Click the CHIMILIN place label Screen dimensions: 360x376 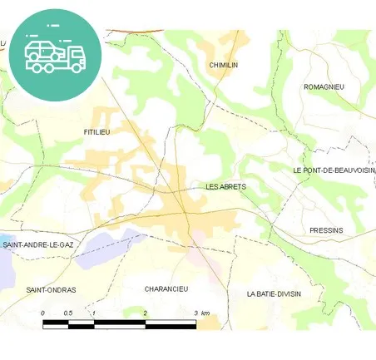click(x=224, y=64)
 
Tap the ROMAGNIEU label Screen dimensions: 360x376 click(x=324, y=86)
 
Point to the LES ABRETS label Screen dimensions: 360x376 click(x=226, y=187)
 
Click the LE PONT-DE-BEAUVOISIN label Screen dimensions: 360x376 click(x=334, y=170)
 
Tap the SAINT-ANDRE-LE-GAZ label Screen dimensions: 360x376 click(x=37, y=245)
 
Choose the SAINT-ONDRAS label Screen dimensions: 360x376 click(x=51, y=289)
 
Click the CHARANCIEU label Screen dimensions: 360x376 click(x=166, y=288)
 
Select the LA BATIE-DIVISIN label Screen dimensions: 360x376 click(x=274, y=293)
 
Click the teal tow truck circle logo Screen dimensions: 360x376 click(x=55, y=56)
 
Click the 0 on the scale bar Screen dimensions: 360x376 click(x=43, y=313)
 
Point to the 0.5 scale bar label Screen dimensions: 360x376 click(x=68, y=313)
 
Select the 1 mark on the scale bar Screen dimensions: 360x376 click(x=94, y=313)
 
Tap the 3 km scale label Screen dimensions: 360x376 click(x=200, y=313)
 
